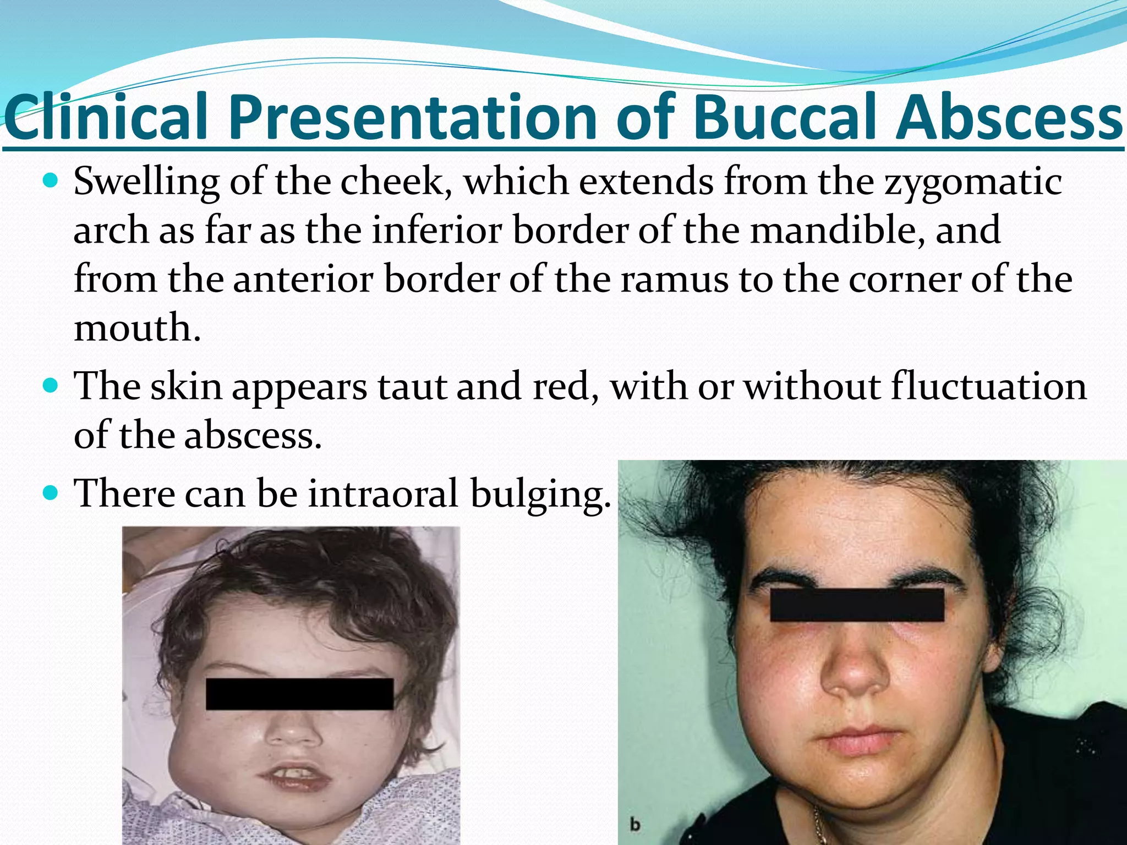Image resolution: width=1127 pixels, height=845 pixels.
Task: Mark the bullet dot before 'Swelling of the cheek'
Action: point(51,180)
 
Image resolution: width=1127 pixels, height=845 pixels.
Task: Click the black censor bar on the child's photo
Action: point(299,694)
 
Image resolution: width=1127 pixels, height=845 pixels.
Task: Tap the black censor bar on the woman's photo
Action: point(857,605)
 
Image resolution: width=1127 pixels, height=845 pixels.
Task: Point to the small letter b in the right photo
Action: point(636,825)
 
